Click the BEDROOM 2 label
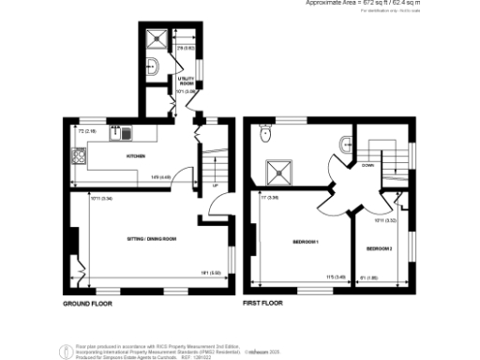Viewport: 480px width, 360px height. point(379,248)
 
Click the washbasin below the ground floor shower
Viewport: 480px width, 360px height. point(152,66)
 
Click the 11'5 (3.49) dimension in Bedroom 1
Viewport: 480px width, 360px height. point(329,276)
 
